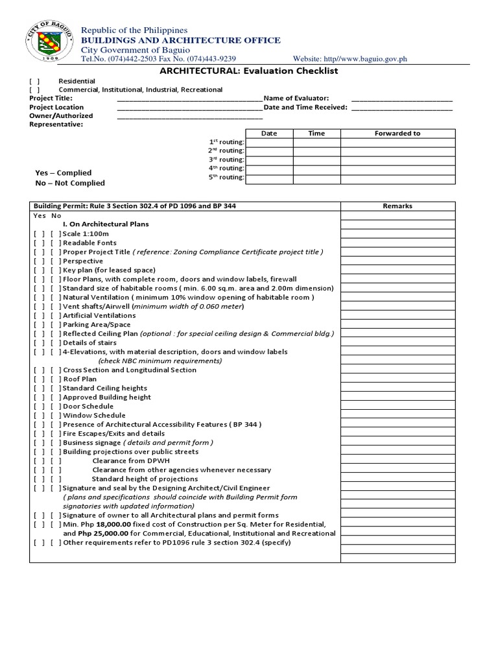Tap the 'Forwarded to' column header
coord(397,134)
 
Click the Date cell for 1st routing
coord(268,143)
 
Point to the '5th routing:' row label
coord(226,177)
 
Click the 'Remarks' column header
coord(397,206)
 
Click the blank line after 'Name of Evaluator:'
coord(401,98)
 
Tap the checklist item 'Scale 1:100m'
coord(86,233)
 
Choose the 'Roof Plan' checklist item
coord(80,379)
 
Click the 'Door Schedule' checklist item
coord(88,406)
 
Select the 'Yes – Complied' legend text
coord(63,173)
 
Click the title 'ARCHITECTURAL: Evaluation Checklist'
coord(249,71)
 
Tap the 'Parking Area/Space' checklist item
coord(97,324)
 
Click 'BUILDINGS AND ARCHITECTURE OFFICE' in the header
coord(180,40)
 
